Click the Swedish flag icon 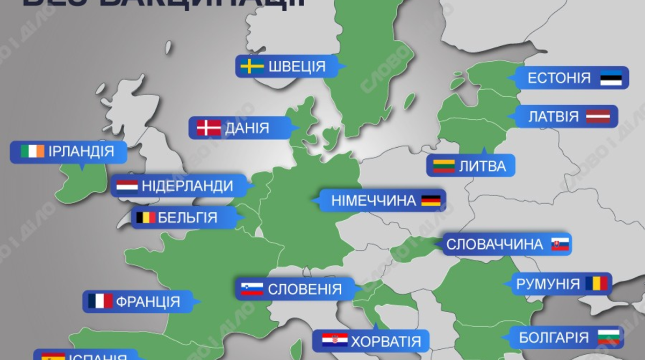point(252,67)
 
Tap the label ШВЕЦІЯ point(297,67)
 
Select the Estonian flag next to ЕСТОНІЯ point(611,78)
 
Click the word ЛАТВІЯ point(553,117)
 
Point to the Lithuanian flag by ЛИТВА point(445,166)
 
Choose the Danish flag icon point(208,128)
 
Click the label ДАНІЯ point(247,128)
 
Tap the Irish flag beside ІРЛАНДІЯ point(32,152)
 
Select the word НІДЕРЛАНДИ point(187,186)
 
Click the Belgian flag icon point(146,218)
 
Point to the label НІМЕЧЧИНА point(374,201)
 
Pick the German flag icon point(431,201)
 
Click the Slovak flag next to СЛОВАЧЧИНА point(560,244)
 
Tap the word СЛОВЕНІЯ point(305,289)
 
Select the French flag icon point(100,301)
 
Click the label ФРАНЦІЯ point(148,301)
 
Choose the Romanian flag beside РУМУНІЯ point(596,284)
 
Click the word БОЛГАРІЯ point(554,337)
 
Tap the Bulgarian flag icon point(608,337)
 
